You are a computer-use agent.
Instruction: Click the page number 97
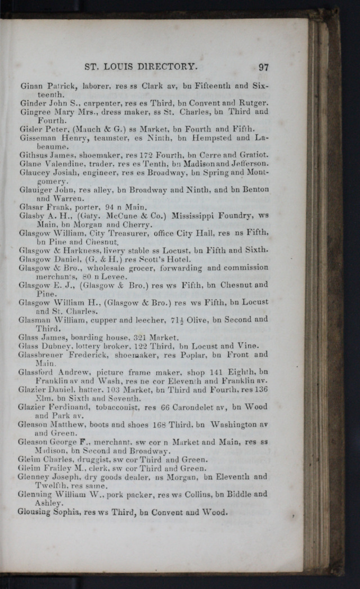tap(263, 66)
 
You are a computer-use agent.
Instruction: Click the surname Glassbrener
tap(41, 355)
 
